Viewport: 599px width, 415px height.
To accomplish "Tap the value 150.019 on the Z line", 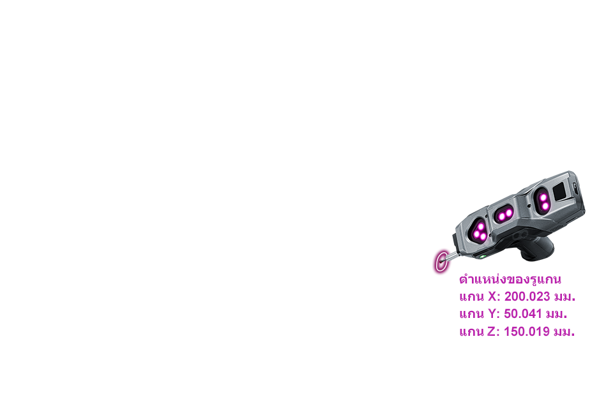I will pos(527,332).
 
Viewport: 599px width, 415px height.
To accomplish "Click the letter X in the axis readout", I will pos(492,297).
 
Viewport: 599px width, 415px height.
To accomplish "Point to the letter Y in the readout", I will pos(492,314).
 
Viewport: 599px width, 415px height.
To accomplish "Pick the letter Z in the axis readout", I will pos(492,332).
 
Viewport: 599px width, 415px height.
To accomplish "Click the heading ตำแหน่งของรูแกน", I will pos(510,280).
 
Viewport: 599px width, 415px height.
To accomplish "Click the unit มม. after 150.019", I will pos(564,332).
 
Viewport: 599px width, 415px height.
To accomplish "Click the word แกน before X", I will pos(471,297).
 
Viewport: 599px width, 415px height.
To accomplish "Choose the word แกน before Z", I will pos(471,332).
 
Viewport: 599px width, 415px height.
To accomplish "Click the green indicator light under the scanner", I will pos(483,257).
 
